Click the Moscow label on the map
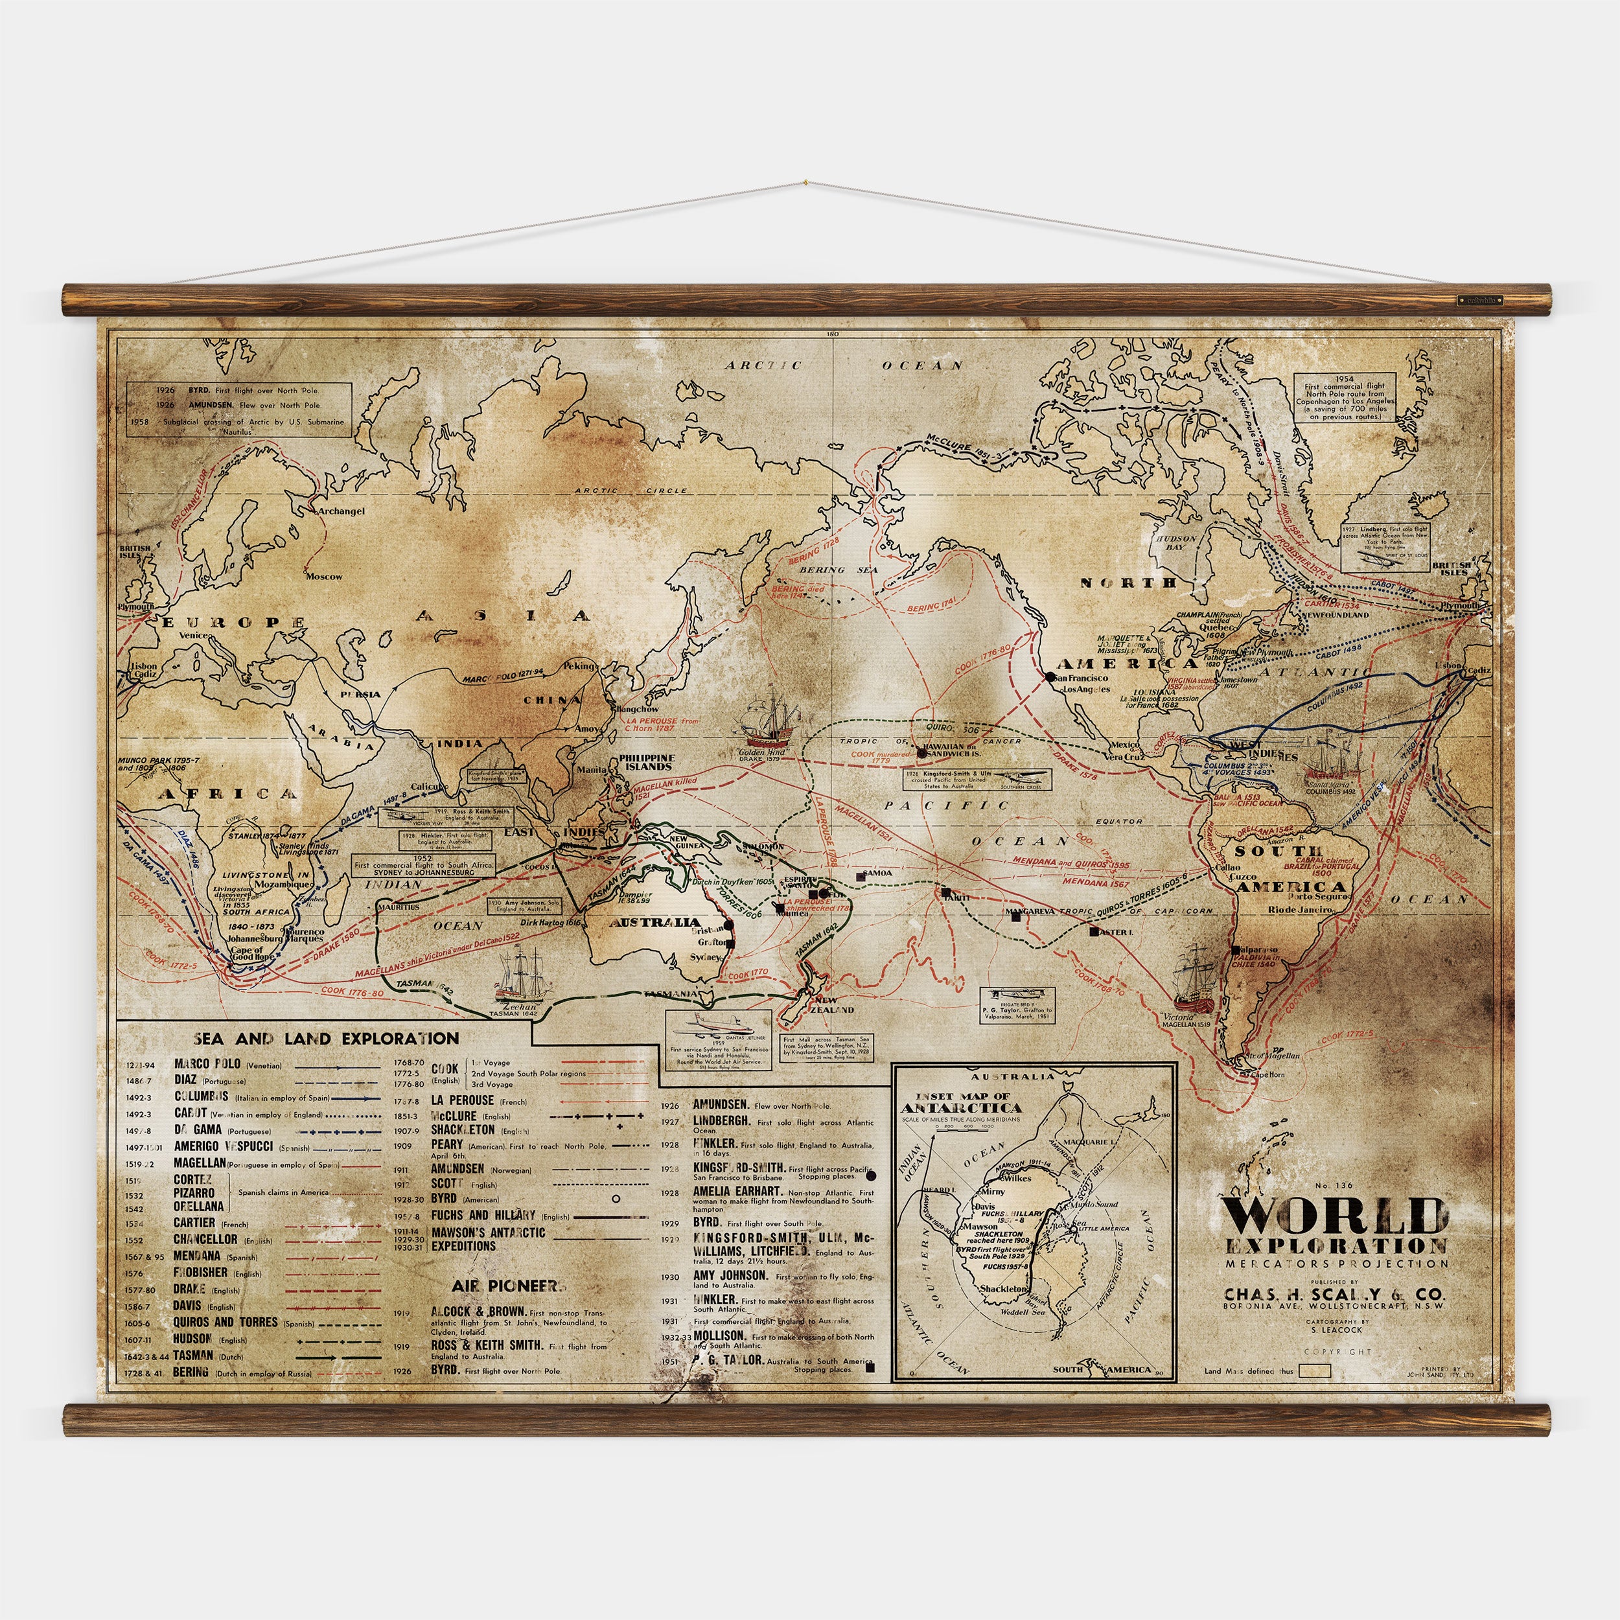click(x=323, y=576)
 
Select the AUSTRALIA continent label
click(x=655, y=922)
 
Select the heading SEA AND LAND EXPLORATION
click(x=326, y=1038)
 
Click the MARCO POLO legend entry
click(x=207, y=1064)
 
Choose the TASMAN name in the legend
click(x=193, y=1355)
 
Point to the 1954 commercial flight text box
click(x=1350, y=397)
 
